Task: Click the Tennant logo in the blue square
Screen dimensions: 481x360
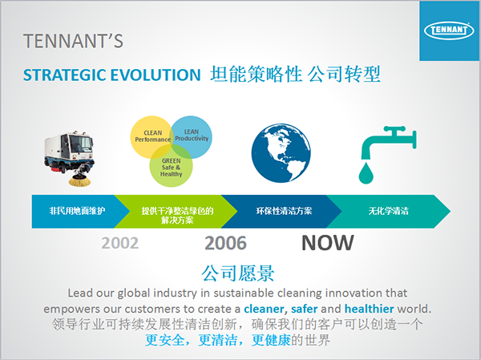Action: (449, 30)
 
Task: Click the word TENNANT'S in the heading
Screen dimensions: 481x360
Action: (73, 41)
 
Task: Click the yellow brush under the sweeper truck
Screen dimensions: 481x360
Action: (79, 180)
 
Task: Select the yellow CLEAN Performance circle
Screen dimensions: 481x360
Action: (152, 137)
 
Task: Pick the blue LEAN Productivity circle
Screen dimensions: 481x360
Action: (191, 137)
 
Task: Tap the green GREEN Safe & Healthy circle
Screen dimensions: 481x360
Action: (172, 166)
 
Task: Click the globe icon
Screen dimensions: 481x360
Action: (281, 153)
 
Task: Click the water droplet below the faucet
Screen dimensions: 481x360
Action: (366, 173)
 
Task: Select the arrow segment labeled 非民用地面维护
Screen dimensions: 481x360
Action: (77, 211)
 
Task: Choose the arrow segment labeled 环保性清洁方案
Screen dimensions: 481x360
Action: (282, 211)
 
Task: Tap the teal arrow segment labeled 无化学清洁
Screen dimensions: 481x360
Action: (389, 211)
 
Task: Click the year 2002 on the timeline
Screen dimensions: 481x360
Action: (120, 243)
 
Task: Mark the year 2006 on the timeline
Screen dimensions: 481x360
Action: (225, 243)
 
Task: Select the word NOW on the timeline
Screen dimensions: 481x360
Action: (328, 243)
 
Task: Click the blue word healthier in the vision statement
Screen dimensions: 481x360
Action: (370, 309)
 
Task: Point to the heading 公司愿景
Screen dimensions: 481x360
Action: (238, 273)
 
